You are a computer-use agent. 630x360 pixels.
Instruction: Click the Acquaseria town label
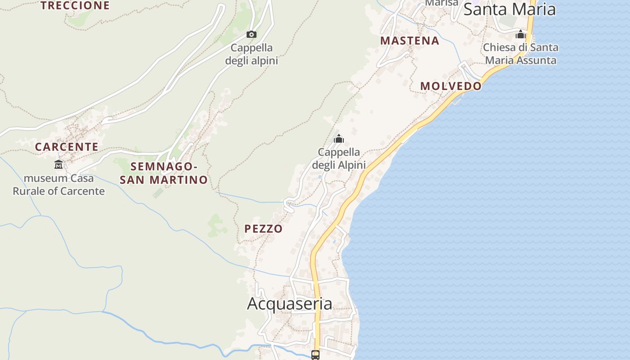290,304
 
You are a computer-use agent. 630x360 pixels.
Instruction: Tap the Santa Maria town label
509,9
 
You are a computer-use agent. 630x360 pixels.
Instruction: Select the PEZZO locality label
264,229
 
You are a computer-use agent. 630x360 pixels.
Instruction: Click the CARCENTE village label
67,147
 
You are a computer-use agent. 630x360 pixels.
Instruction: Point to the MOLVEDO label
450,86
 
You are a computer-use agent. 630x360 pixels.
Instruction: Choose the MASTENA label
409,40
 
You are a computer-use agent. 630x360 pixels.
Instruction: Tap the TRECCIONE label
75,5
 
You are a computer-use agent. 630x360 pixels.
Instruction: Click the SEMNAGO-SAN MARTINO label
164,173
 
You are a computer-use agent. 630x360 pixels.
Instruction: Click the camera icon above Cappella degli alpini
252,34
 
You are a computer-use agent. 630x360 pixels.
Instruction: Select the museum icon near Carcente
58,164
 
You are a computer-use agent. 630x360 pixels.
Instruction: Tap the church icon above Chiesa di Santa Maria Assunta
521,34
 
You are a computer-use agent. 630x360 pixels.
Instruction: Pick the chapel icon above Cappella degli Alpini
339,139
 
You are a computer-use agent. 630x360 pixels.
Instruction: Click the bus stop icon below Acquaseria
315,355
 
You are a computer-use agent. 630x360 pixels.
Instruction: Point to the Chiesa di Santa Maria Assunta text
521,54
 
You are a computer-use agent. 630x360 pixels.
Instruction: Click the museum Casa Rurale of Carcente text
58,184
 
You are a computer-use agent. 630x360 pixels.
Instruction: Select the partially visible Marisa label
441,3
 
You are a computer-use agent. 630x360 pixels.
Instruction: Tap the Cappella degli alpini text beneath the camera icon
252,54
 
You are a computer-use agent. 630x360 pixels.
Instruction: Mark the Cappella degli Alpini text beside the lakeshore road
339,158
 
